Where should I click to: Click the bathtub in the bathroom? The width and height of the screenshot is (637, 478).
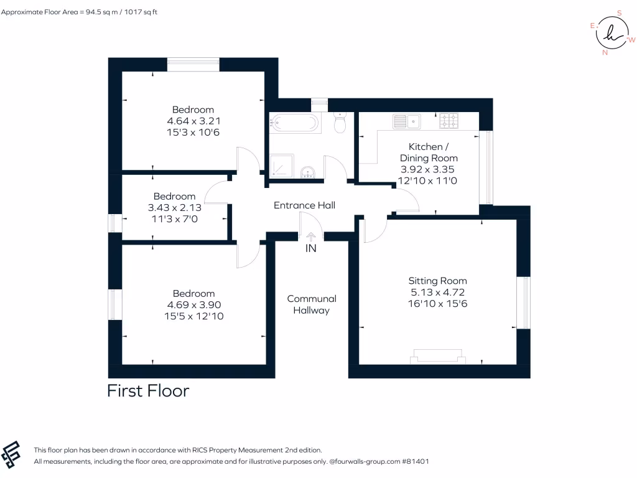(x=295, y=123)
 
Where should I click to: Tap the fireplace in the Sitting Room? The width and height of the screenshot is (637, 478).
(x=437, y=356)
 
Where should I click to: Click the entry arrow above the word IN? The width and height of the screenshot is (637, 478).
(x=310, y=236)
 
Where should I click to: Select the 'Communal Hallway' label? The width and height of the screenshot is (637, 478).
(x=311, y=304)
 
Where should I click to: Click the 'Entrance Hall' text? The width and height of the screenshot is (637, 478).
(x=305, y=205)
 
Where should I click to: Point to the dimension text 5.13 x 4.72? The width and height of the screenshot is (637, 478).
(x=437, y=291)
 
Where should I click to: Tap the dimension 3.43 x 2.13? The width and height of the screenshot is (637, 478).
(x=175, y=207)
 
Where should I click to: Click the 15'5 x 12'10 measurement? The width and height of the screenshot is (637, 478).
(x=195, y=316)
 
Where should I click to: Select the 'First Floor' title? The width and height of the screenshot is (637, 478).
(x=148, y=391)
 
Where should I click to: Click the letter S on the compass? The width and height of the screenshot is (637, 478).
(x=619, y=12)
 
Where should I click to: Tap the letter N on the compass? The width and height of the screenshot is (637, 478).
(x=605, y=53)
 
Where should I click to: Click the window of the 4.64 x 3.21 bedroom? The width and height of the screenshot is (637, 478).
(x=193, y=60)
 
